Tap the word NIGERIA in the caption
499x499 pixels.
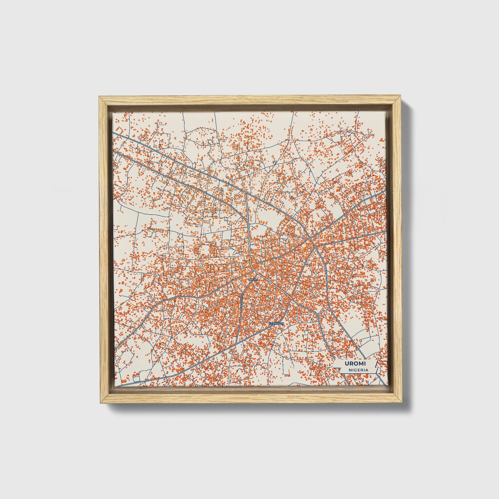click(x=358, y=370)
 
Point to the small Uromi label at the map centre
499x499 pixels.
click(x=253, y=279)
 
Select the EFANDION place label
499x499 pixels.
click(x=277, y=324)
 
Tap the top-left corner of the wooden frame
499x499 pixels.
click(x=99, y=97)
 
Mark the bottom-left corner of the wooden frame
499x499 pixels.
click(x=99, y=403)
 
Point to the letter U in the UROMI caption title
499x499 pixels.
click(x=346, y=364)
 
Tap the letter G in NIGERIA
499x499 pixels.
click(x=355, y=370)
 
